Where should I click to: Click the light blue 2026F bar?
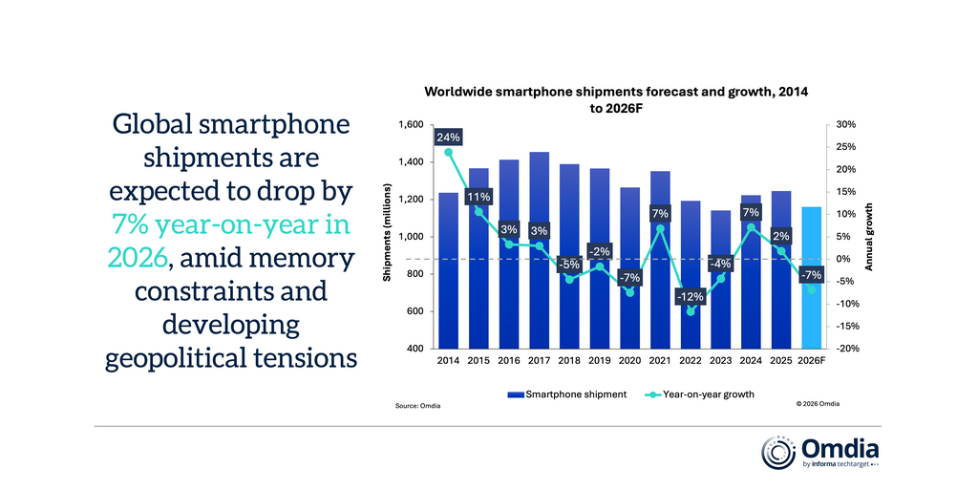811,277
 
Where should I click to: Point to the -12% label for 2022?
689,297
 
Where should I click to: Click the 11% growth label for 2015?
479,198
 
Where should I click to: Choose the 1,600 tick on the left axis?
409,125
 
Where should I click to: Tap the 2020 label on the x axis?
629,361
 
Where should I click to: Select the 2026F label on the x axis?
811,361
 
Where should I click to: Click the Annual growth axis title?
869,237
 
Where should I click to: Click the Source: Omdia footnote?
417,406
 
